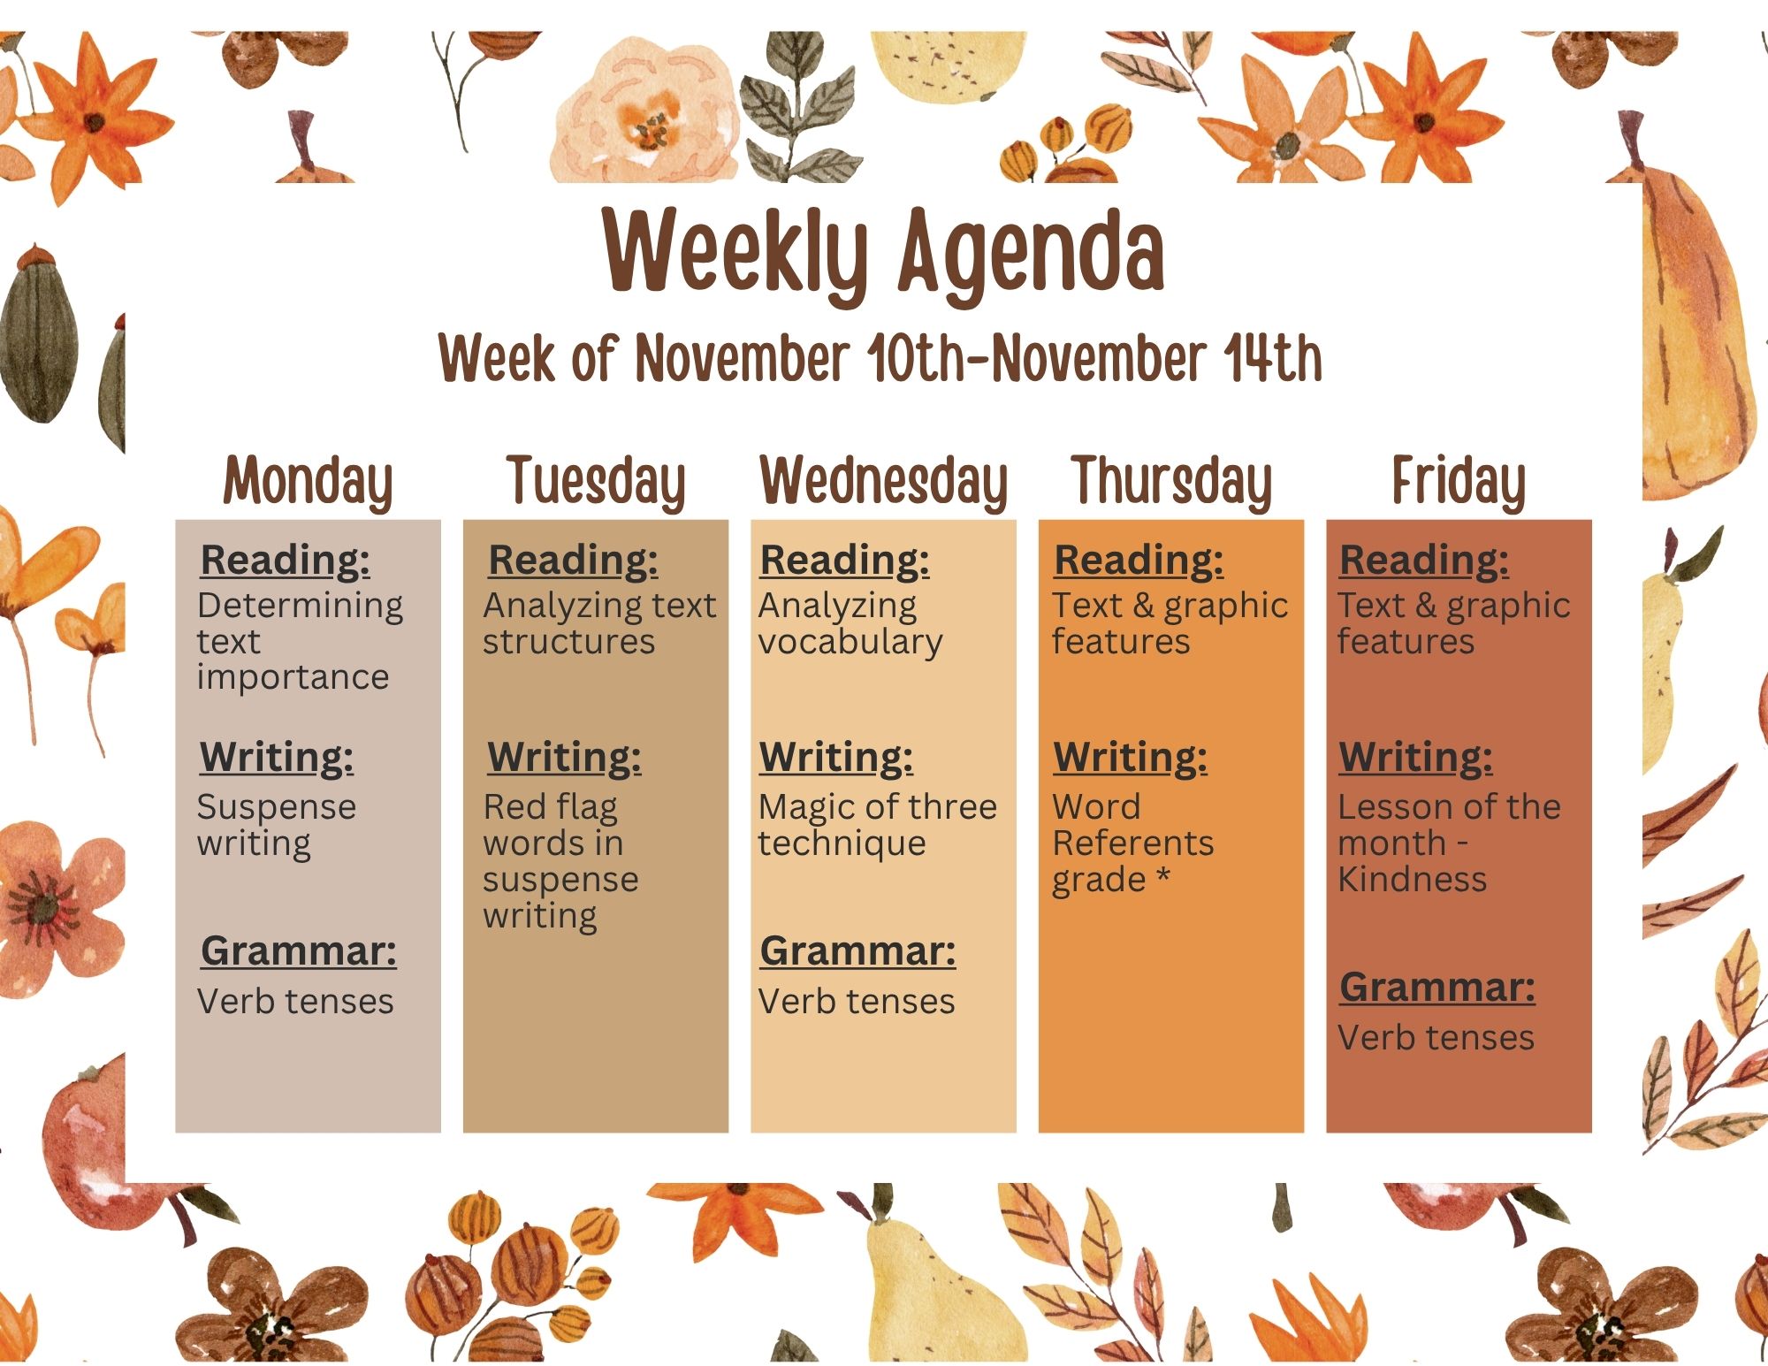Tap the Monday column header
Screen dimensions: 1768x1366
tap(308, 482)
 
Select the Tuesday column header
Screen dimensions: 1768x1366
tap(596, 482)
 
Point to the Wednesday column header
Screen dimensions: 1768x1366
tap(884, 482)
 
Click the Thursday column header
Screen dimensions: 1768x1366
tap(1171, 482)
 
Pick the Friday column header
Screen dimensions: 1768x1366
tap(1459, 482)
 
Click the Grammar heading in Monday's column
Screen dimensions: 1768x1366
tap(299, 951)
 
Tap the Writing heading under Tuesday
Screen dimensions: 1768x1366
tap(565, 757)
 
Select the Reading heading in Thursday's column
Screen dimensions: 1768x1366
tap(1139, 560)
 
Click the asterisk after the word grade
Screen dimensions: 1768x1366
tap(1162, 876)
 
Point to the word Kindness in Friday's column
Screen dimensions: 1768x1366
tap(1412, 880)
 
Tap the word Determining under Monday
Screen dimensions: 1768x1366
tap(300, 607)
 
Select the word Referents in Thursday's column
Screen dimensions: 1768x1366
tap(1133, 843)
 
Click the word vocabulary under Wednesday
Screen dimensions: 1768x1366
tap(850, 643)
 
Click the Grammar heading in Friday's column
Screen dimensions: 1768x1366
tap(1437, 988)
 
